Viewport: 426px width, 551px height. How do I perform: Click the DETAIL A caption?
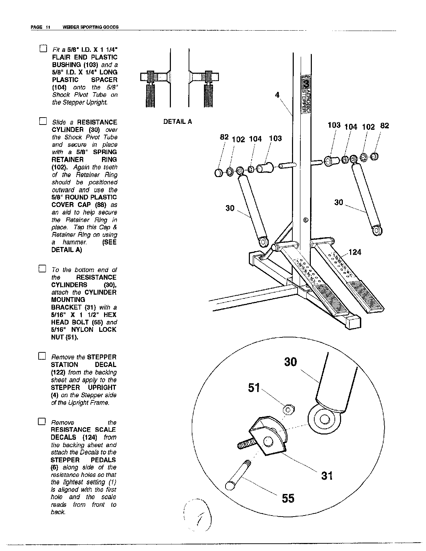click(x=177, y=122)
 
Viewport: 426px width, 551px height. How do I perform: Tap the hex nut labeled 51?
click(x=288, y=409)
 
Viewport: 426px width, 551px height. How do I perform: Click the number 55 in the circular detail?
click(x=288, y=498)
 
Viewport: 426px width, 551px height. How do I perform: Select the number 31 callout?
click(x=327, y=476)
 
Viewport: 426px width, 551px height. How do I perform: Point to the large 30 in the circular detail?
click(x=291, y=362)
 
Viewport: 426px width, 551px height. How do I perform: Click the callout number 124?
click(x=355, y=252)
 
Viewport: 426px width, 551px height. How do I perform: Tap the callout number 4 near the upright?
click(x=277, y=95)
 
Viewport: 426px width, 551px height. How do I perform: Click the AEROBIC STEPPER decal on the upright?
click(x=306, y=94)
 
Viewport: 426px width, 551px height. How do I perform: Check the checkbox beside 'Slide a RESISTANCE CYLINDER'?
click(x=42, y=121)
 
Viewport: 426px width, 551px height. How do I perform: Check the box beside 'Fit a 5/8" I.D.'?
click(x=43, y=49)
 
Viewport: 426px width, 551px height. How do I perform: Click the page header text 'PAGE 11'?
click(x=41, y=27)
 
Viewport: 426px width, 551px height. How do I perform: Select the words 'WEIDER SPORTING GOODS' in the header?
click(x=90, y=27)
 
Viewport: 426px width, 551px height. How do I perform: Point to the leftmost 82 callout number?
click(x=224, y=137)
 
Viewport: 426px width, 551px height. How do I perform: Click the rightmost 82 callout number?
click(x=384, y=126)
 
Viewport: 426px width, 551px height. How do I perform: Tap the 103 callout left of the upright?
click(x=275, y=138)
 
